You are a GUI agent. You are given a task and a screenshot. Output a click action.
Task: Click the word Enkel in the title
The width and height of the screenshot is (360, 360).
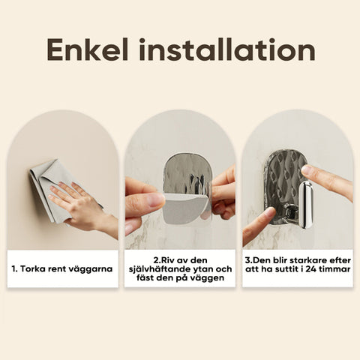pos(88,49)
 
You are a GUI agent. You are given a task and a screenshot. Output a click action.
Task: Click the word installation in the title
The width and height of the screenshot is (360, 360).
pos(227,49)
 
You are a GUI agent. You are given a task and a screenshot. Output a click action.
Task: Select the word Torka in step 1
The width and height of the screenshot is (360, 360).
pos(32,269)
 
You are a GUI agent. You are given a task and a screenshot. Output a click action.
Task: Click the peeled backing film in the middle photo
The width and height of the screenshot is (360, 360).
pos(185,208)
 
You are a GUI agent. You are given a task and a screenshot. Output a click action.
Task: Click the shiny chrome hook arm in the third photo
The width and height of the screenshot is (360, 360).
pos(305,205)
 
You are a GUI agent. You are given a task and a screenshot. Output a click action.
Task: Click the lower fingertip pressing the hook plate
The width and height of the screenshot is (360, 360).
pos(271,213)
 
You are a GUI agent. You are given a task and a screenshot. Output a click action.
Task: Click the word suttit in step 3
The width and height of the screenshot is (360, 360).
pos(290,269)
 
